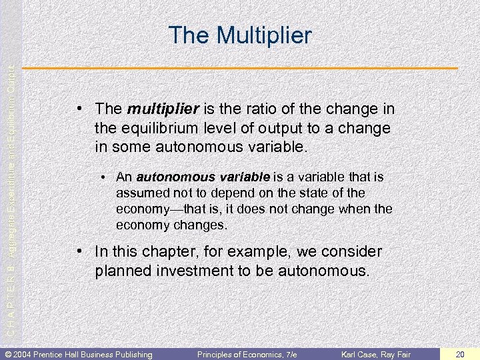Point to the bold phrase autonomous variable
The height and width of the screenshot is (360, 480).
pyautogui.click(x=203, y=177)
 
